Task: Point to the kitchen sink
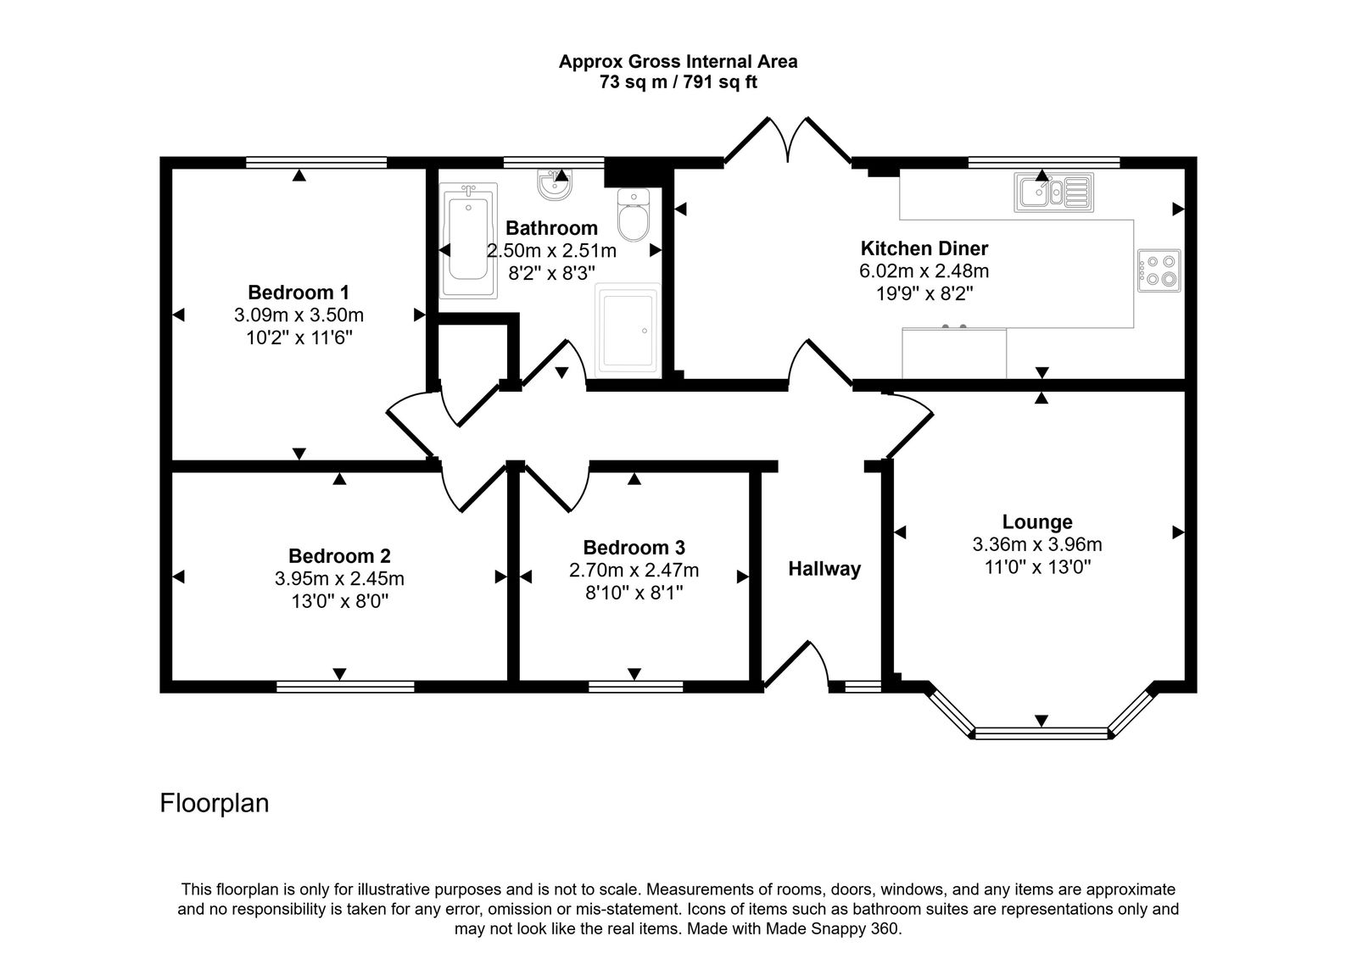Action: pos(1053,192)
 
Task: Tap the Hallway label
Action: pos(824,569)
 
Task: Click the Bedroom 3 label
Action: pos(634,548)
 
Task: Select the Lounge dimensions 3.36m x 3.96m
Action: pos(1036,544)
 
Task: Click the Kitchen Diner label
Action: pos(924,248)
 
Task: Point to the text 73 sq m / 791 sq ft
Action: pos(678,83)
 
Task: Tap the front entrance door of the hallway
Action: pos(797,666)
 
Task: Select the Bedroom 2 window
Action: pos(345,686)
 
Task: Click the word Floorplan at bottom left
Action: pos(215,803)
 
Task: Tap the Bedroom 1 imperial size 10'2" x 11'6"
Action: pos(299,337)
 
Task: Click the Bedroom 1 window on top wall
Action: pos(316,161)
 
